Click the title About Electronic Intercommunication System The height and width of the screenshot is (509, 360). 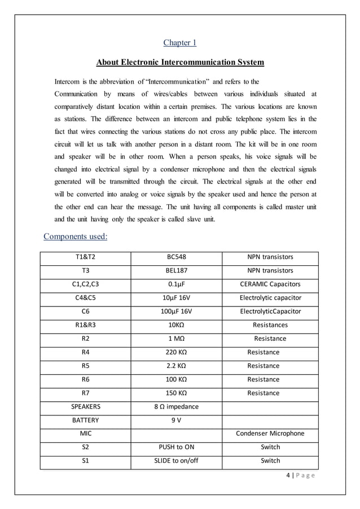pyautogui.click(x=180, y=62)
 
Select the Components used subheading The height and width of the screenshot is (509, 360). pyautogui.click(x=76, y=236)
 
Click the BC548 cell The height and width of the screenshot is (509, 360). pyautogui.click(x=177, y=257)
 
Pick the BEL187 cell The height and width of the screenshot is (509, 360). pyautogui.click(x=177, y=270)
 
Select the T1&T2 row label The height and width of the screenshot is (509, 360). pyautogui.click(x=86, y=257)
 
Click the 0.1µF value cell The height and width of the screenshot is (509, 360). pyautogui.click(x=177, y=284)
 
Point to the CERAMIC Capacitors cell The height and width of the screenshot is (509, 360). pyautogui.click(x=270, y=284)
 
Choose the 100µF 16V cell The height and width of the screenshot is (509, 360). pyautogui.click(x=177, y=311)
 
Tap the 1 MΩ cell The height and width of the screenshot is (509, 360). pyautogui.click(x=177, y=339)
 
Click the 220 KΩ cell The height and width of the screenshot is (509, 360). pyautogui.click(x=177, y=352)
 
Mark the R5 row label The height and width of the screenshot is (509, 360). pyautogui.click(x=86, y=366)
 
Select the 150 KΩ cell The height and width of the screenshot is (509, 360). pyautogui.click(x=177, y=393)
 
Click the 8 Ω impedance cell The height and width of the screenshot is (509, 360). pyautogui.click(x=177, y=406)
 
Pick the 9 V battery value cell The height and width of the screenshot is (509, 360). pyautogui.click(x=177, y=420)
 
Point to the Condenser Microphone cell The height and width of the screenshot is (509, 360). pyautogui.click(x=270, y=433)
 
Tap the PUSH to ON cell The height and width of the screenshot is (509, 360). pyautogui.click(x=177, y=447)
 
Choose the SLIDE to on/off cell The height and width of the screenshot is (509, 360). pyautogui.click(x=177, y=460)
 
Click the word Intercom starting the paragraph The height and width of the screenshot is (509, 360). pyautogui.click(x=68, y=81)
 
